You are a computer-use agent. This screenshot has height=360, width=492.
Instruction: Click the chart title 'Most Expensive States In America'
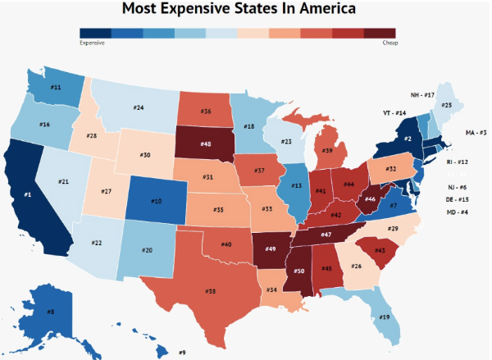coord(239,10)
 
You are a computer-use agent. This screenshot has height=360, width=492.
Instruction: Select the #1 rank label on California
coord(27,194)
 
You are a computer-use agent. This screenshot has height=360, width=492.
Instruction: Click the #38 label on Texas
coord(211,290)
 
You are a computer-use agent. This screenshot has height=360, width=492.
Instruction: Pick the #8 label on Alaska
coord(50,312)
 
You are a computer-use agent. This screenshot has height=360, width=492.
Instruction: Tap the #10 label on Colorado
coord(157,201)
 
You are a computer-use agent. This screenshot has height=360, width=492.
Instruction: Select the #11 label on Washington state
coord(56,87)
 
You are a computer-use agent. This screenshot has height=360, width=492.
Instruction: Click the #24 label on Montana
coord(139,107)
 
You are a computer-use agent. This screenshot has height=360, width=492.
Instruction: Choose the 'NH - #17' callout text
coord(423,95)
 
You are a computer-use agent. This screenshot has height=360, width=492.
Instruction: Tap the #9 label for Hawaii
coord(182,353)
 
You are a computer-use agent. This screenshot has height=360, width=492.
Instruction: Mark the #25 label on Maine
coord(447,105)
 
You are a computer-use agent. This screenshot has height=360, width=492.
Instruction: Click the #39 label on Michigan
coord(326,150)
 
